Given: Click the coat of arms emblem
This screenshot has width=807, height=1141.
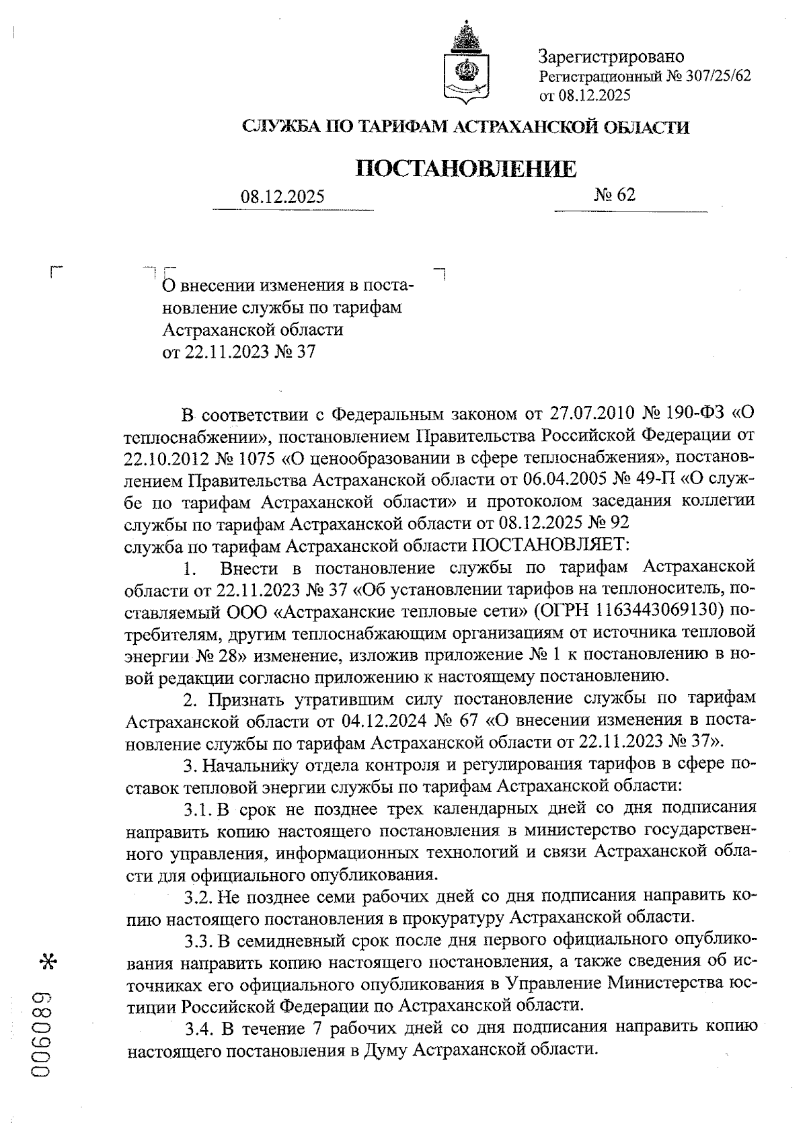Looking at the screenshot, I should [x=464, y=65].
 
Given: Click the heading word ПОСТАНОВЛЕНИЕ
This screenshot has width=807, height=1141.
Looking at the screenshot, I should [x=465, y=168].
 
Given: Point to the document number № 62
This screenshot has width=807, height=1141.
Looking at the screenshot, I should [x=615, y=195].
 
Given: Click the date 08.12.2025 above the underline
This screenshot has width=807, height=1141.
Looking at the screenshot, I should [x=282, y=197].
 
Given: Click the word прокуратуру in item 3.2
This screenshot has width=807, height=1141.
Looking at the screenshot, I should [x=448, y=917].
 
